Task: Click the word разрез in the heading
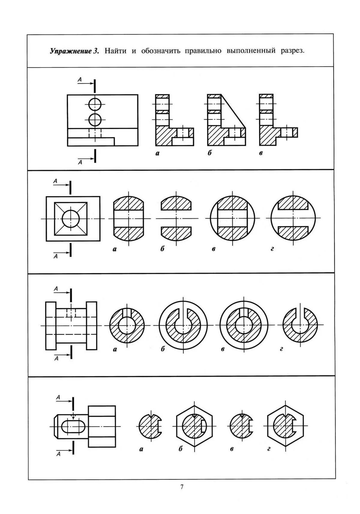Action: [292, 51]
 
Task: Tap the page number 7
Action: [182, 487]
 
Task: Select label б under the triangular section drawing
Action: [209, 153]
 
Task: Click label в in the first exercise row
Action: [261, 153]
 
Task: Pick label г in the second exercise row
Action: [272, 249]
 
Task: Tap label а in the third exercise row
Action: [115, 349]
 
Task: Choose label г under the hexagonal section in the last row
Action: [269, 449]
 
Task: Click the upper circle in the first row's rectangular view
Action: [95, 104]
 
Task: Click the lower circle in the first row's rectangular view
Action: [95, 120]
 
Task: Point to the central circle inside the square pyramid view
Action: [70, 218]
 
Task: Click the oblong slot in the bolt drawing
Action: [73, 426]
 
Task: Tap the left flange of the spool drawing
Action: [51, 326]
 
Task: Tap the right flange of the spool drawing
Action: [91, 326]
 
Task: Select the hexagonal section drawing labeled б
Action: [194, 426]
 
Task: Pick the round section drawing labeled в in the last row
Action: [241, 426]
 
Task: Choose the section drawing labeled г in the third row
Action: [300, 325]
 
